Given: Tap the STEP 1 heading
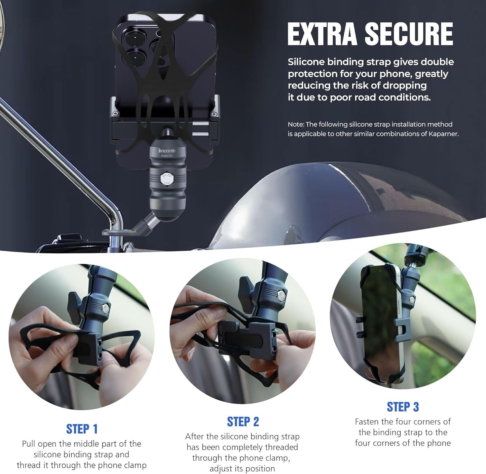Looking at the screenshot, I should point(82,429).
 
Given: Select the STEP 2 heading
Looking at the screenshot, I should point(243,422).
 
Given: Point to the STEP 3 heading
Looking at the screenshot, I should point(403,407).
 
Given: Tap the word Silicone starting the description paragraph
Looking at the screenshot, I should point(306,62).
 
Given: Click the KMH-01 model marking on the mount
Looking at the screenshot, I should point(167,156).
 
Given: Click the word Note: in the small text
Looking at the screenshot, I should point(296,124).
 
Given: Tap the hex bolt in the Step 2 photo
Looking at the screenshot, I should point(280,296).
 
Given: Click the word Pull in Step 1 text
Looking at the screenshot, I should point(29,444).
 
